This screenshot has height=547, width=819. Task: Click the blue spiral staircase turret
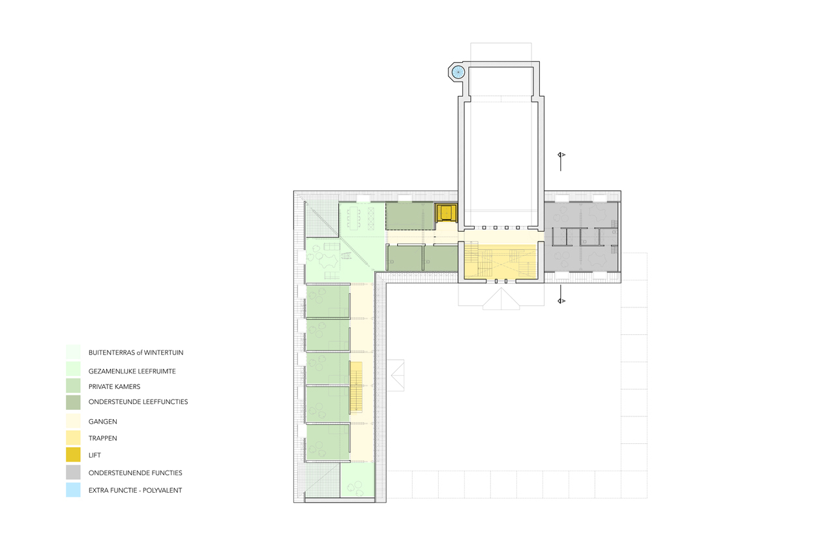pos(458,72)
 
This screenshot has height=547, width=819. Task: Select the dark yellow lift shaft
pos(446,213)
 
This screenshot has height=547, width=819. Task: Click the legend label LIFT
pos(95,455)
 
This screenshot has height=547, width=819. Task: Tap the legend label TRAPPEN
pos(103,438)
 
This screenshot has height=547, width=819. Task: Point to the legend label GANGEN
pos(103,422)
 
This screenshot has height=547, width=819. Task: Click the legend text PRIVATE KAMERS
pos(115,386)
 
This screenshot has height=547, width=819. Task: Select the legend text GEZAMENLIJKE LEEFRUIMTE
pos(132,371)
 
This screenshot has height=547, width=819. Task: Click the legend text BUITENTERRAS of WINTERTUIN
pos(136,352)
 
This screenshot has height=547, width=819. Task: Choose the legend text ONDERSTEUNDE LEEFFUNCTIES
pos(138,401)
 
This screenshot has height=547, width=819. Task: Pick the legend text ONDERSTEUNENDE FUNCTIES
pos(135,473)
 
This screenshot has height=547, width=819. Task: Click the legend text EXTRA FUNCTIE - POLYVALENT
pos(135,490)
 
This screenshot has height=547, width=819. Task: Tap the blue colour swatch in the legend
pos(73,490)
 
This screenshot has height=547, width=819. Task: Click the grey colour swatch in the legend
pos(73,473)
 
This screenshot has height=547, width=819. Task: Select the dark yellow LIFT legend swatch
pos(73,455)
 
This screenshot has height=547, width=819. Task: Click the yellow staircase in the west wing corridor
pos(356,387)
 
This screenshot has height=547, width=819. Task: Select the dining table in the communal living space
pos(354,219)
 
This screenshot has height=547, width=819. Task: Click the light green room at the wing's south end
pos(357,480)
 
